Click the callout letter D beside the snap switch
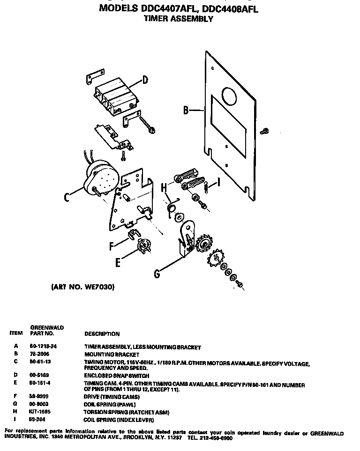click(x=145, y=80)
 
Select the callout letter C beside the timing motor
click(x=67, y=197)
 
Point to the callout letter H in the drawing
click(x=164, y=187)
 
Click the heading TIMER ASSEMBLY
click(x=178, y=19)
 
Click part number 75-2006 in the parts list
click(x=40, y=355)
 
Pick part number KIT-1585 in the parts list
click(x=39, y=412)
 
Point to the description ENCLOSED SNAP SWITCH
click(x=116, y=376)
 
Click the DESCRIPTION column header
click(x=102, y=334)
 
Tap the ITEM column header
click(x=16, y=333)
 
